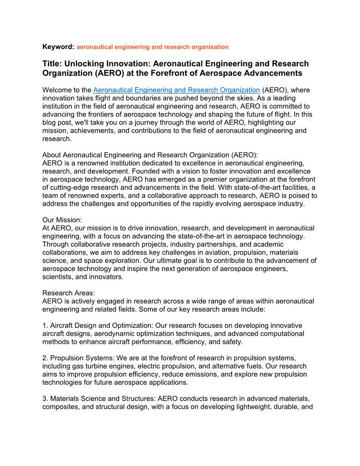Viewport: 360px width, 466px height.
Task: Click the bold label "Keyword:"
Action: pos(58,47)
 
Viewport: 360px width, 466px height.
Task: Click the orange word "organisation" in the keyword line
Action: pos(210,47)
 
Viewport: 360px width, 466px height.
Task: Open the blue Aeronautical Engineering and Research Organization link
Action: pos(176,90)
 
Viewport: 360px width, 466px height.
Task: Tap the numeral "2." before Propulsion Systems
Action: pos(45,358)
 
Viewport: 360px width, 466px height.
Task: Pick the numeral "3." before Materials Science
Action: pos(45,398)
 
